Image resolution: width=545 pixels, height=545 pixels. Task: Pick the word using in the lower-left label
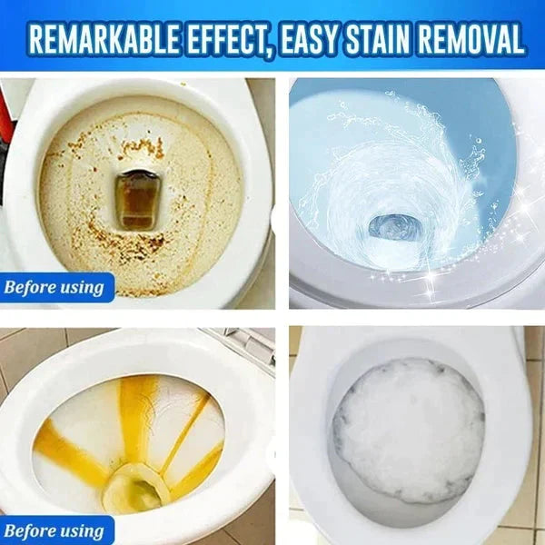(x=83, y=531)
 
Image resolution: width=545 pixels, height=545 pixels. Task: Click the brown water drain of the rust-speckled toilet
(x=137, y=200)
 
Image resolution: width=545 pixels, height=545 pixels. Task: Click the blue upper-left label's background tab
(x=56, y=289)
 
